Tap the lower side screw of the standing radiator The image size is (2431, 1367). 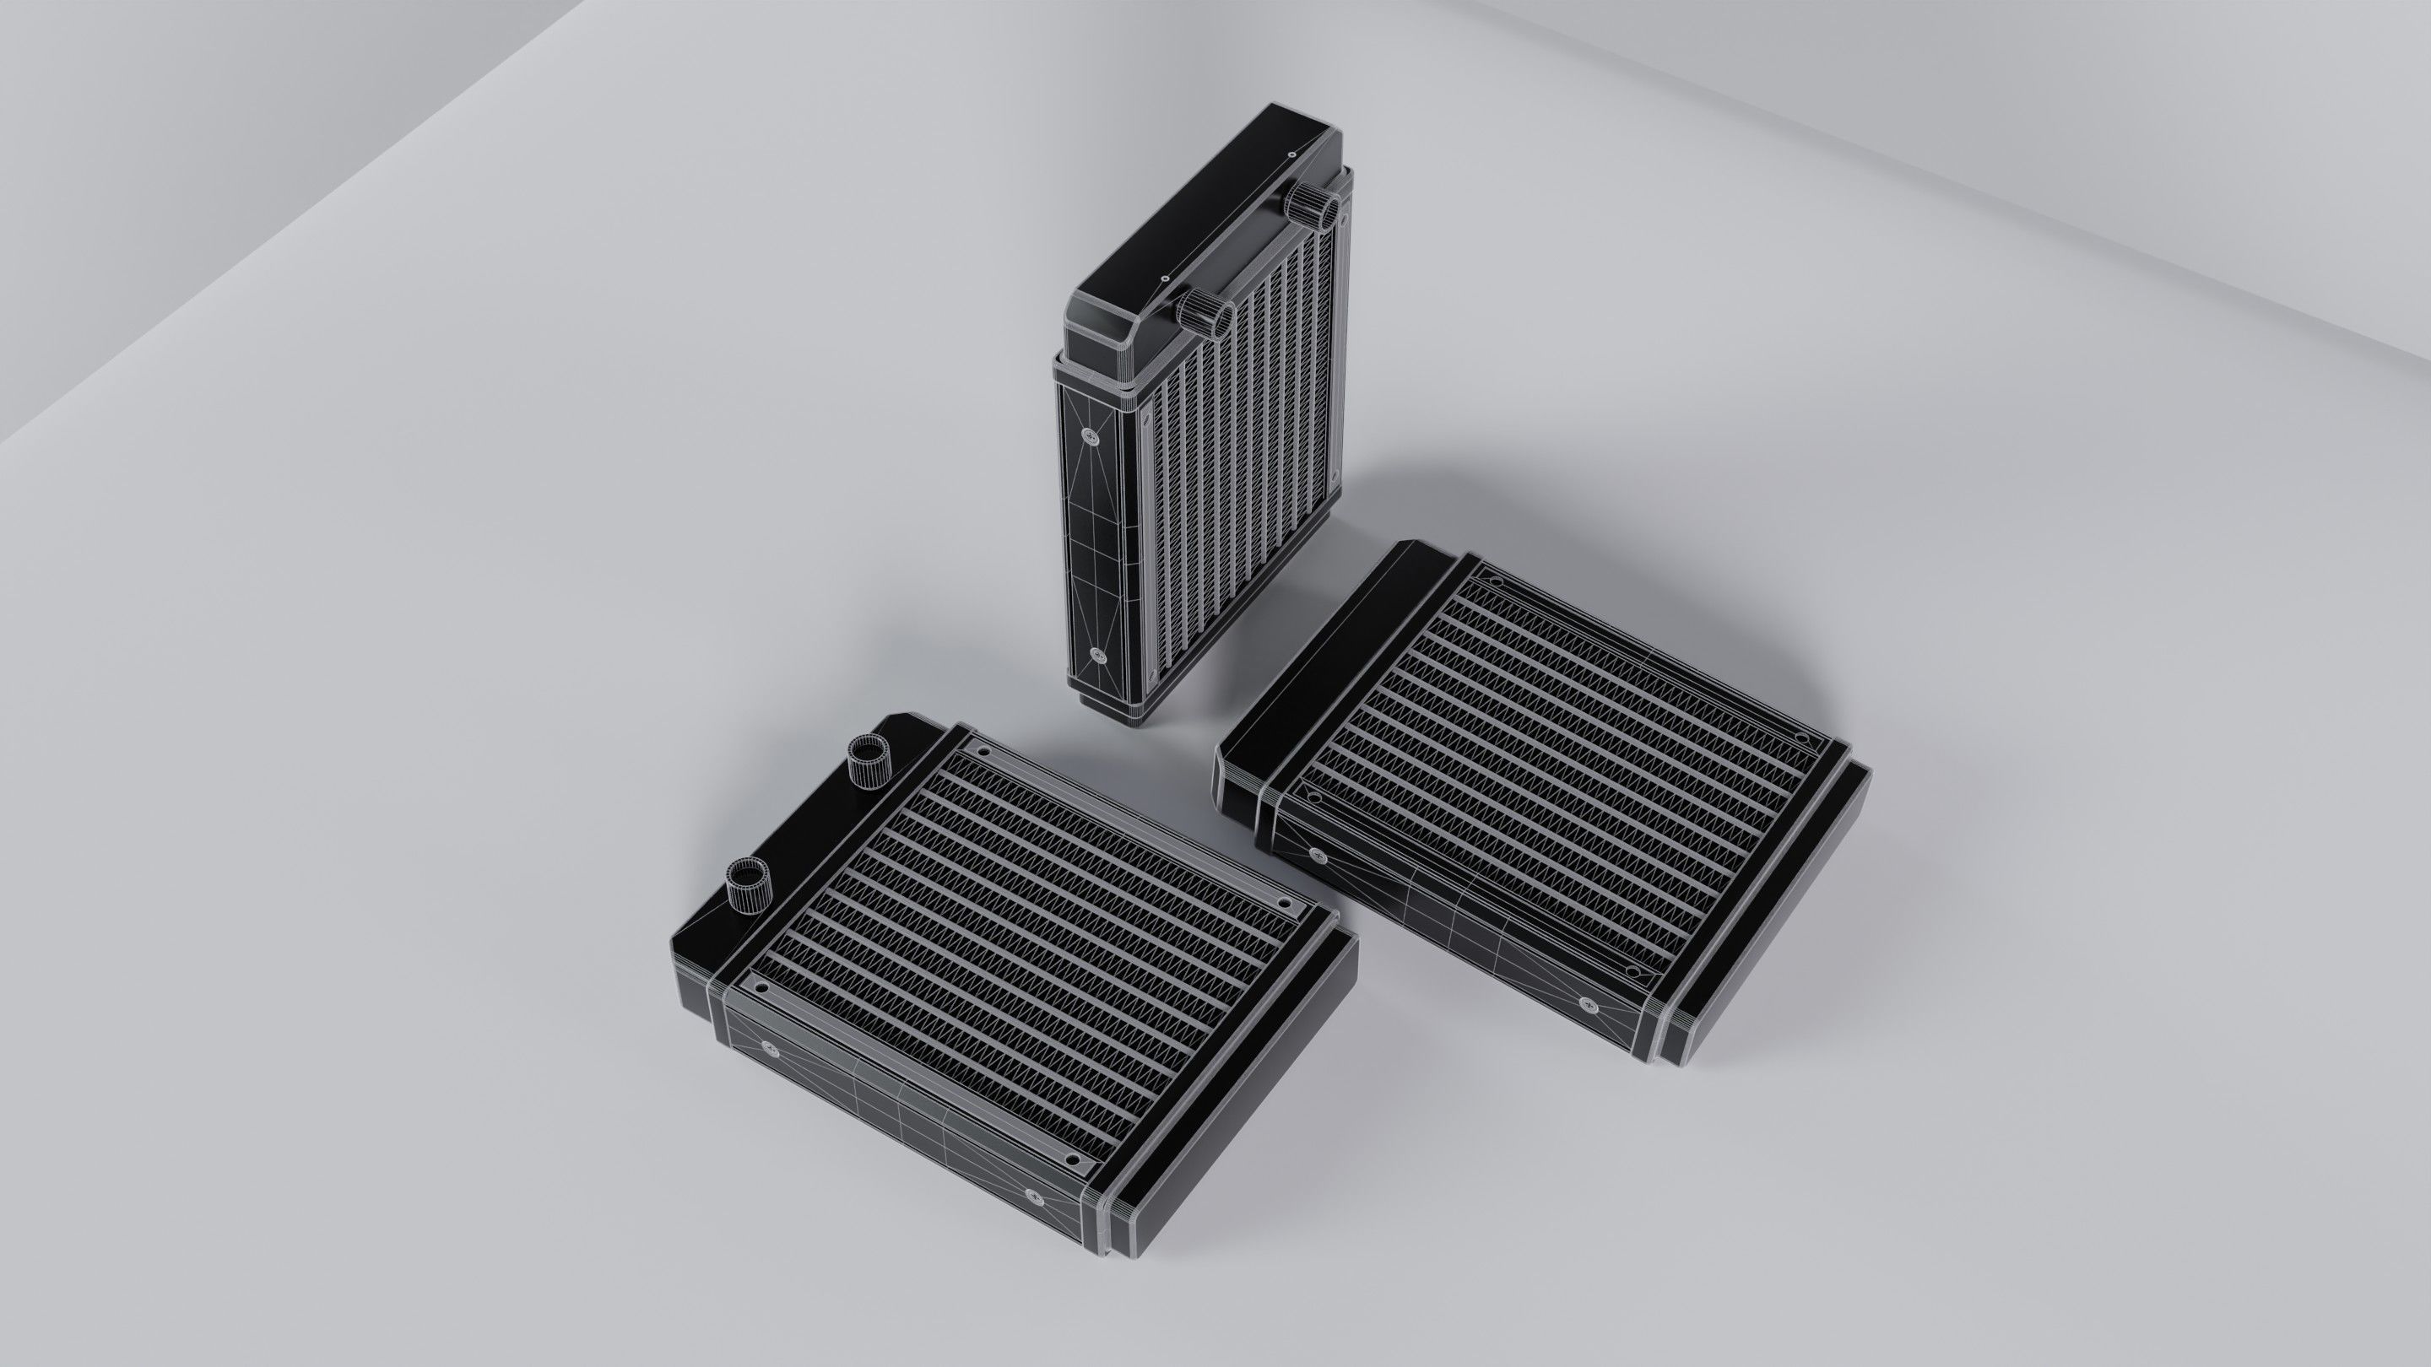click(1096, 654)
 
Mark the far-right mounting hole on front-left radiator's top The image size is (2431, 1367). click(1283, 904)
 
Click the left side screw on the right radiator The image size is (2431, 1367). click(1318, 856)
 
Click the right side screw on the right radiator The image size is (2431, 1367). click(1586, 1002)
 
